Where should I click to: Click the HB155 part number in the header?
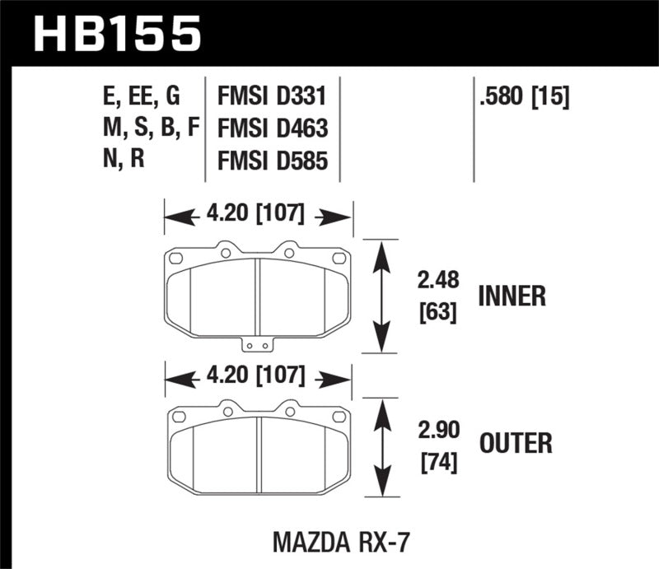click(115, 32)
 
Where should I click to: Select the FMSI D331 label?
click(272, 97)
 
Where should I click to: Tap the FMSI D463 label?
click(272, 128)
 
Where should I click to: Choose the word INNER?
click(512, 296)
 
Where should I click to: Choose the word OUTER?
click(516, 445)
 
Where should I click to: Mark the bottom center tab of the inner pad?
click(259, 345)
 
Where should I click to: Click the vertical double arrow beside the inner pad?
click(380, 296)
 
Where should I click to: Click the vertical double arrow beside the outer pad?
click(380, 447)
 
